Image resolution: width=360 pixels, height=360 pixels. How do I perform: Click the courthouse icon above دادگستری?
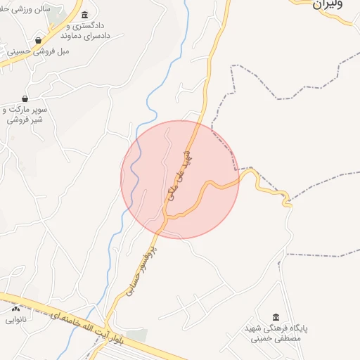click(x=85, y=15)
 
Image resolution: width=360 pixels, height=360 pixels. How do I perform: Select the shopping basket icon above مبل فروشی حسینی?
click(x=37, y=41)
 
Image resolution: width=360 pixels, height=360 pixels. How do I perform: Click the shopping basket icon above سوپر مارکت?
click(x=25, y=98)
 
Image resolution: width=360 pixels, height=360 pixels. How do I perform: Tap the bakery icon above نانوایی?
click(x=15, y=309)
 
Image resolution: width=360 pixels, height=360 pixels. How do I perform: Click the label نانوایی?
click(x=15, y=319)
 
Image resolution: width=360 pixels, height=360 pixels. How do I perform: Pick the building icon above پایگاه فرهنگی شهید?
click(x=276, y=317)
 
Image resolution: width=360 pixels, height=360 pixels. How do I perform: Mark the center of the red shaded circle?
click(x=180, y=179)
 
